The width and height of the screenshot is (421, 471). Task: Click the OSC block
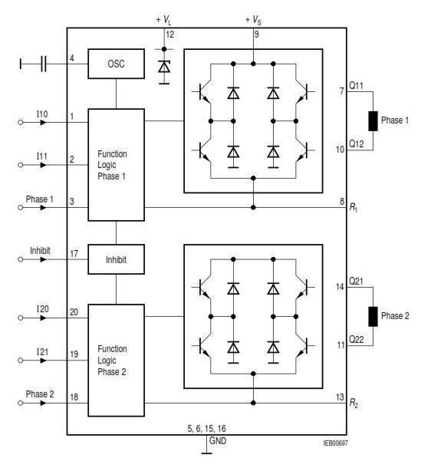coord(116,64)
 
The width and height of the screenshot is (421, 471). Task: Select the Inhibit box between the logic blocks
coord(116,259)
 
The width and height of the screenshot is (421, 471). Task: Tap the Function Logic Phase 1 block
coord(116,165)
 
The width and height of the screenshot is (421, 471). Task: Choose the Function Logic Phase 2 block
coord(116,361)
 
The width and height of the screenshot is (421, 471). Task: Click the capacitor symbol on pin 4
coord(44,64)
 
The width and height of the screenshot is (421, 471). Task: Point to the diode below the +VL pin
coord(164,67)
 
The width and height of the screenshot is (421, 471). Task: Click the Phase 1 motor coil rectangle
coord(373,120)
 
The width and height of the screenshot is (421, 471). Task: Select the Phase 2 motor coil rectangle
coord(373,316)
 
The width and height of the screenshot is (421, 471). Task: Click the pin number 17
coord(74,254)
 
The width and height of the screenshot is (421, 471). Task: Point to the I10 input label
coord(42,114)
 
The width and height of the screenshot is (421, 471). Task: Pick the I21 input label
coord(42,352)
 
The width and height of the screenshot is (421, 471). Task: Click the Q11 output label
coord(356,86)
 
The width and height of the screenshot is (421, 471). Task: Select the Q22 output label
coord(356,339)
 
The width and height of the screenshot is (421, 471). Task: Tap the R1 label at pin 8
coord(354,208)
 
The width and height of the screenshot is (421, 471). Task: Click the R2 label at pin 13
coord(354,403)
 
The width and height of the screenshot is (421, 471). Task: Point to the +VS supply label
coord(253,20)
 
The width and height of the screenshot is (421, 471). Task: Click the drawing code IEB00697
coord(335,443)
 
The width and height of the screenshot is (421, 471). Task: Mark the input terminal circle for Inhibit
coord(21,259)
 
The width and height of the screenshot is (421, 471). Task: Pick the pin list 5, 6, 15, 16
coord(206,429)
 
